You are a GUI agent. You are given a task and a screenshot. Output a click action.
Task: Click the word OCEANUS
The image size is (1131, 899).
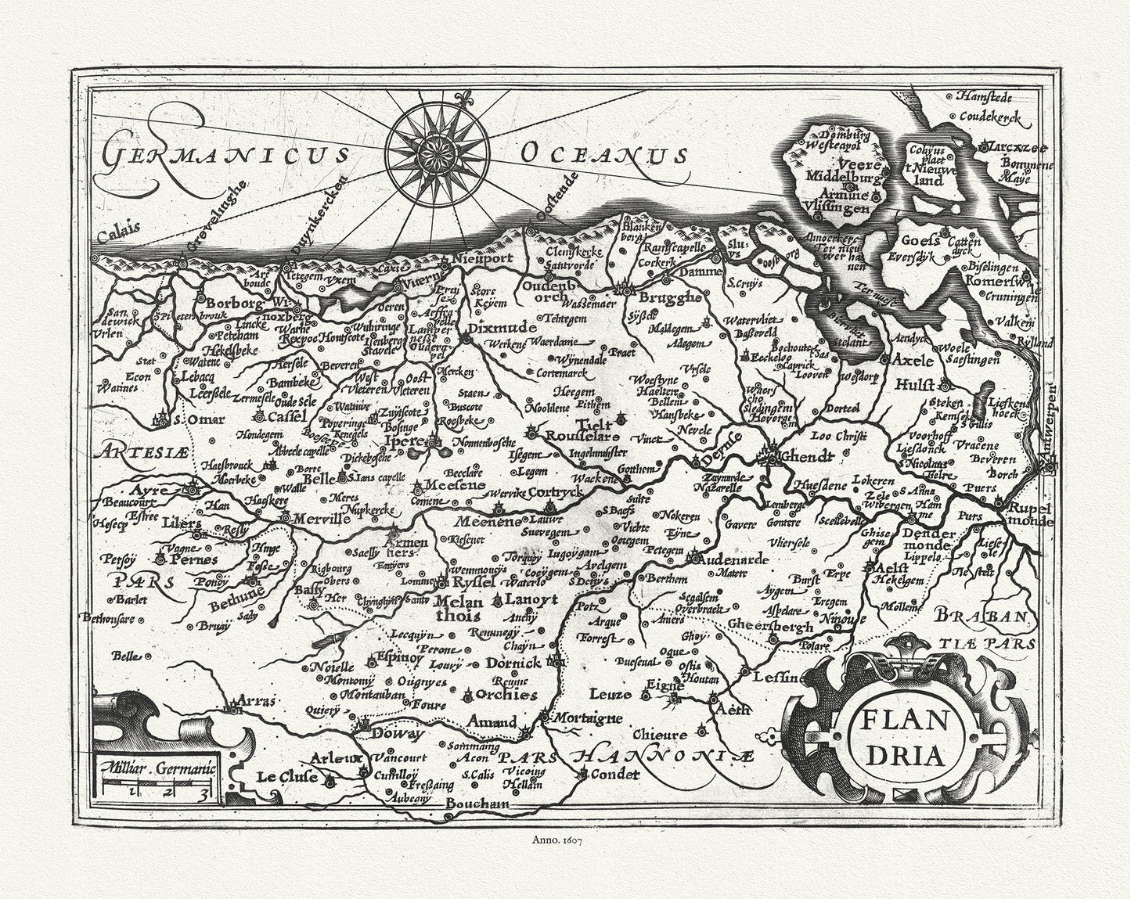(603, 154)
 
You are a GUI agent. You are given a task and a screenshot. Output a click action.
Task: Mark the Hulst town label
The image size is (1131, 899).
(925, 385)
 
